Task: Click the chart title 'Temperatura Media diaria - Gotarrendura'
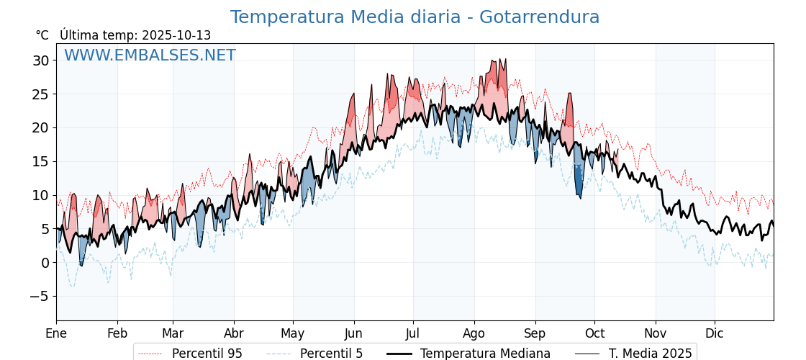tap(415, 17)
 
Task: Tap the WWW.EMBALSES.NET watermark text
tap(150, 55)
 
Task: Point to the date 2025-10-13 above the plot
tap(176, 35)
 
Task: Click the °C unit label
tap(42, 35)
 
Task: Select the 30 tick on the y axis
tap(40, 60)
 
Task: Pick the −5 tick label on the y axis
tap(39, 296)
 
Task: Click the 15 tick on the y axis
tap(40, 161)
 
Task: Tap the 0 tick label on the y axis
tap(45, 263)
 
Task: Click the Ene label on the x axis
tap(56, 333)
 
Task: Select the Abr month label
tap(234, 333)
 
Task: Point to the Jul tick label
tap(413, 333)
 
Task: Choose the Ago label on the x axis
tap(474, 333)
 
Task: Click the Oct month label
tap(594, 333)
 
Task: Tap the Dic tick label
tap(715, 333)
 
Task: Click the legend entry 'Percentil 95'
tap(207, 354)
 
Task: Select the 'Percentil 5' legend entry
tap(331, 354)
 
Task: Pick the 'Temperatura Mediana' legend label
tap(485, 354)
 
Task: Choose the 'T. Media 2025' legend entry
tap(650, 354)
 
